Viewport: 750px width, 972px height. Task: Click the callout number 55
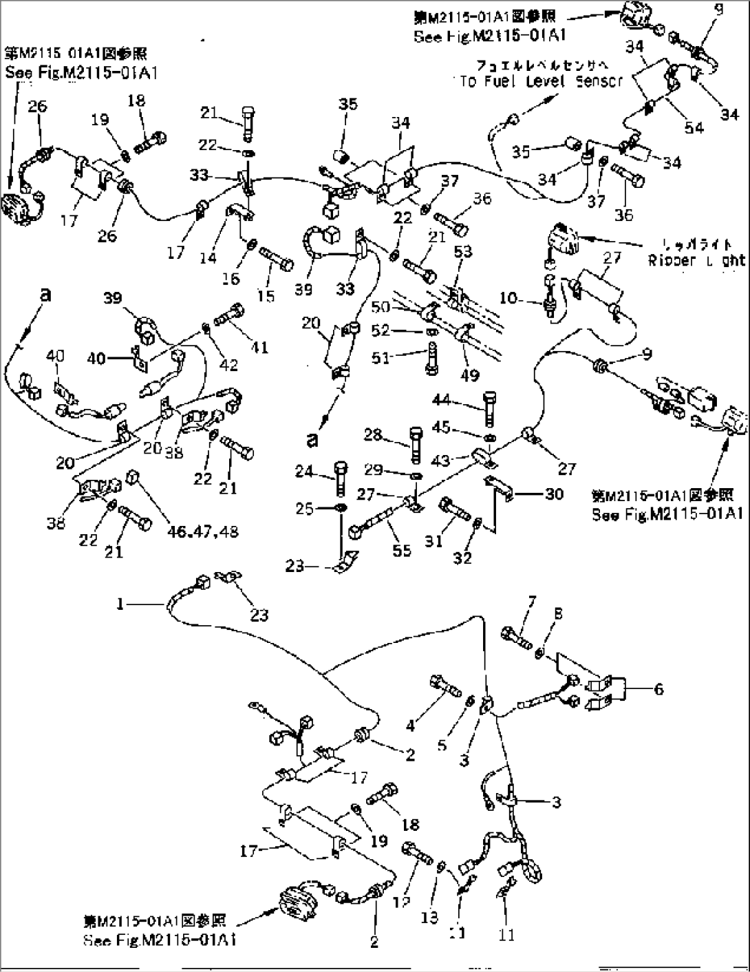(x=402, y=549)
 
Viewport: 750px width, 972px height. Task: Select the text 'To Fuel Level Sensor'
(x=540, y=81)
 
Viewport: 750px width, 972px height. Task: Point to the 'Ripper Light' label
(x=695, y=260)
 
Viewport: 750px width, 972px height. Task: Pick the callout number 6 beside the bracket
(x=658, y=688)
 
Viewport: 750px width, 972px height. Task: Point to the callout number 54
(x=694, y=127)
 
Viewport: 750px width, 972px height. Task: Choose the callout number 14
(x=208, y=257)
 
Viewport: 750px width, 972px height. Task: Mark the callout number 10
(x=507, y=297)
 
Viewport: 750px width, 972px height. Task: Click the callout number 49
(x=471, y=374)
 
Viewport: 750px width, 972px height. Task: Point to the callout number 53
(x=463, y=252)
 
